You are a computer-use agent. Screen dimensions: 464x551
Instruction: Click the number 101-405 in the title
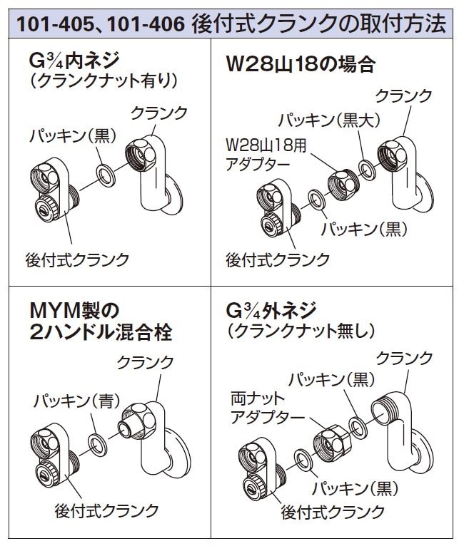tap(56, 24)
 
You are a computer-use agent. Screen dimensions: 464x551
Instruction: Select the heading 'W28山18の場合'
tap(301, 64)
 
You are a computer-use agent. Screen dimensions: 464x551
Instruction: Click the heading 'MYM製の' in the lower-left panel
tap(75, 310)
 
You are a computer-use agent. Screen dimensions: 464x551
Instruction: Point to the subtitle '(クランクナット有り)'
tap(104, 81)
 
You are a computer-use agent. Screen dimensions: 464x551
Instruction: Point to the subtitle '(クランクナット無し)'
tap(301, 331)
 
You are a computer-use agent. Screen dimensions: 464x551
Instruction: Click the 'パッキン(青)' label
tap(77, 401)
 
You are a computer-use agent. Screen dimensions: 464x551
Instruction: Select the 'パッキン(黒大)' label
tap(330, 120)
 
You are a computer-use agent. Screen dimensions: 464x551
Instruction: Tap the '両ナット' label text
tap(258, 398)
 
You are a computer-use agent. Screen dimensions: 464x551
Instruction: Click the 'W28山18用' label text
tap(266, 145)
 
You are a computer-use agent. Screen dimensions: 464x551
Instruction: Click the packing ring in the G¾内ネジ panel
tap(106, 175)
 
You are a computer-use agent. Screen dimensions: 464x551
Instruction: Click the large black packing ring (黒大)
tap(367, 170)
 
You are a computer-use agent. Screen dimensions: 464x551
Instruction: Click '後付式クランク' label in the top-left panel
tap(77, 260)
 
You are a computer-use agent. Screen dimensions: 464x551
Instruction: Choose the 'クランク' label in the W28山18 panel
tap(404, 96)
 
